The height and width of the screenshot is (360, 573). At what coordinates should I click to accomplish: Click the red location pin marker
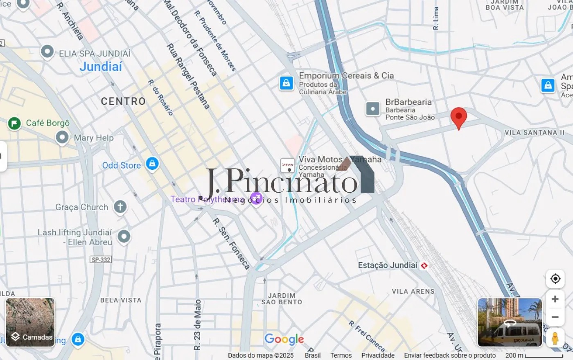(x=458, y=116)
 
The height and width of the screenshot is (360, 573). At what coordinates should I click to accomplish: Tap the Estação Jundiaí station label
(x=388, y=265)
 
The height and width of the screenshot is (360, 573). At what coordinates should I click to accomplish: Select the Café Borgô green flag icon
(x=14, y=123)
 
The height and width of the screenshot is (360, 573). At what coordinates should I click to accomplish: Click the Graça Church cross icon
(x=120, y=207)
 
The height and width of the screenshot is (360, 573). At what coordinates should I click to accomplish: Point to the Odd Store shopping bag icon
(x=152, y=164)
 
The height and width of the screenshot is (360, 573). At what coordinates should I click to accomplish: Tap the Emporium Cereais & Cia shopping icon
(x=286, y=83)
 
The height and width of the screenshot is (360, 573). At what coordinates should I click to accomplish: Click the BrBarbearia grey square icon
(x=373, y=109)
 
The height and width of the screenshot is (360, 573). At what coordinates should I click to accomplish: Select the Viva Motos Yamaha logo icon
(x=287, y=165)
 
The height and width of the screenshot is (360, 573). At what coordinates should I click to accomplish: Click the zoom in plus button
(x=555, y=299)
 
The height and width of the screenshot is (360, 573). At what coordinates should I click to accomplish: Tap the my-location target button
(x=555, y=279)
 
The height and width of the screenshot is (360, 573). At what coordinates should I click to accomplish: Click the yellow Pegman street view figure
(x=555, y=338)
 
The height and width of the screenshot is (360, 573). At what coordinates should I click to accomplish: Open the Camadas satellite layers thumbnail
(x=30, y=322)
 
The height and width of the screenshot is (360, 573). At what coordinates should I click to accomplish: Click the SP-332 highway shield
(x=101, y=260)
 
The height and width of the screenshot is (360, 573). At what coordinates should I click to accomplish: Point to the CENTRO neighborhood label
(x=123, y=101)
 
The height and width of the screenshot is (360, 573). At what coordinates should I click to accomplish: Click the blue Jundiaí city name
(x=101, y=67)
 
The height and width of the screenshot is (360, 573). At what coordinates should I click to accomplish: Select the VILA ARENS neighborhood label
(x=413, y=292)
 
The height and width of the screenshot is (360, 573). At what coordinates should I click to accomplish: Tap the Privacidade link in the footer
(x=378, y=355)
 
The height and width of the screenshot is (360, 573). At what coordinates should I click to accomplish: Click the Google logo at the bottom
(x=284, y=339)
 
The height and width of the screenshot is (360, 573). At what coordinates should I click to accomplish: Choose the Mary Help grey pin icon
(x=62, y=137)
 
